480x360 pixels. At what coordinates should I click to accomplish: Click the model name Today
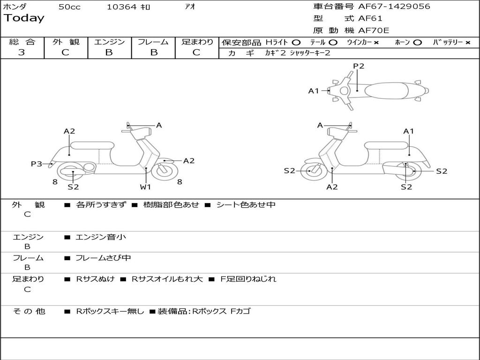[x=24, y=18]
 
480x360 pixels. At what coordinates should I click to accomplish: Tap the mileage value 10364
[x=121, y=7]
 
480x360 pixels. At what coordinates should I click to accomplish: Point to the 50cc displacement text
[x=69, y=7]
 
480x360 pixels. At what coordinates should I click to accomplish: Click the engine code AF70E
[x=374, y=31]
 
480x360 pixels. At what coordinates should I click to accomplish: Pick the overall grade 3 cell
[x=22, y=52]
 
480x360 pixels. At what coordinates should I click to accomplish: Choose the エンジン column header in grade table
[x=109, y=42]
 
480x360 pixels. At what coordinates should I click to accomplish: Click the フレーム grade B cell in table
[x=153, y=52]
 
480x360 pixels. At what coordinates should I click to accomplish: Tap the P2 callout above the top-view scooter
[x=359, y=66]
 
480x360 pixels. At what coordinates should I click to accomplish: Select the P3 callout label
[x=37, y=164]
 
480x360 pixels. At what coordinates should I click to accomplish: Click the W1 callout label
[x=146, y=187]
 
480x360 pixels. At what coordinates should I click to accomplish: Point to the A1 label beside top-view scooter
[x=314, y=91]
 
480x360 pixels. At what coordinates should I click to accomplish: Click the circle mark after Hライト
[x=296, y=43]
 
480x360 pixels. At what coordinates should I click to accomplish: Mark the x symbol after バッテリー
[x=468, y=43]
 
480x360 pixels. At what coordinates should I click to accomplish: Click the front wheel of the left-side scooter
[x=165, y=171]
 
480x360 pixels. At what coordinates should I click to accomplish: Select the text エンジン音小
[x=101, y=237]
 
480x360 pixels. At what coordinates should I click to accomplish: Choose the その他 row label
[x=29, y=311]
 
